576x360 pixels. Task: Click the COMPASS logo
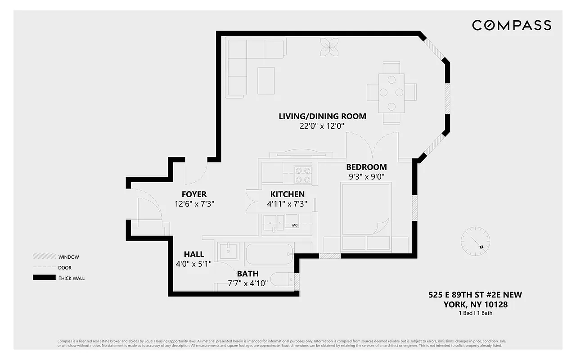coord(512,25)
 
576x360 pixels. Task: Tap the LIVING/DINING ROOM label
coord(322,116)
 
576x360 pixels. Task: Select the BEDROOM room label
coord(366,167)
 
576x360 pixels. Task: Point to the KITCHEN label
coord(287,194)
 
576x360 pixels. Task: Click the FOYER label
coord(194,194)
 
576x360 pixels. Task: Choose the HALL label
coord(194,254)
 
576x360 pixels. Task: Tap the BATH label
coord(247,273)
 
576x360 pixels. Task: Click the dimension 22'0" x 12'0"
coord(322,126)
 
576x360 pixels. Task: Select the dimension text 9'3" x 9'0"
coord(366,177)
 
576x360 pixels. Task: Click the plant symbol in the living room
coord(329,47)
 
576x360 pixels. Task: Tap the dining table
coord(391,93)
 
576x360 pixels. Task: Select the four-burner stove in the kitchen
coord(303,174)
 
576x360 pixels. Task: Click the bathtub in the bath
coord(269,254)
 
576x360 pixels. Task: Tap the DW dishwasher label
coord(294,225)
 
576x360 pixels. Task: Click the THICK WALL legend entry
coord(71,278)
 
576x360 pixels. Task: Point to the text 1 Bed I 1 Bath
coord(475,313)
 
